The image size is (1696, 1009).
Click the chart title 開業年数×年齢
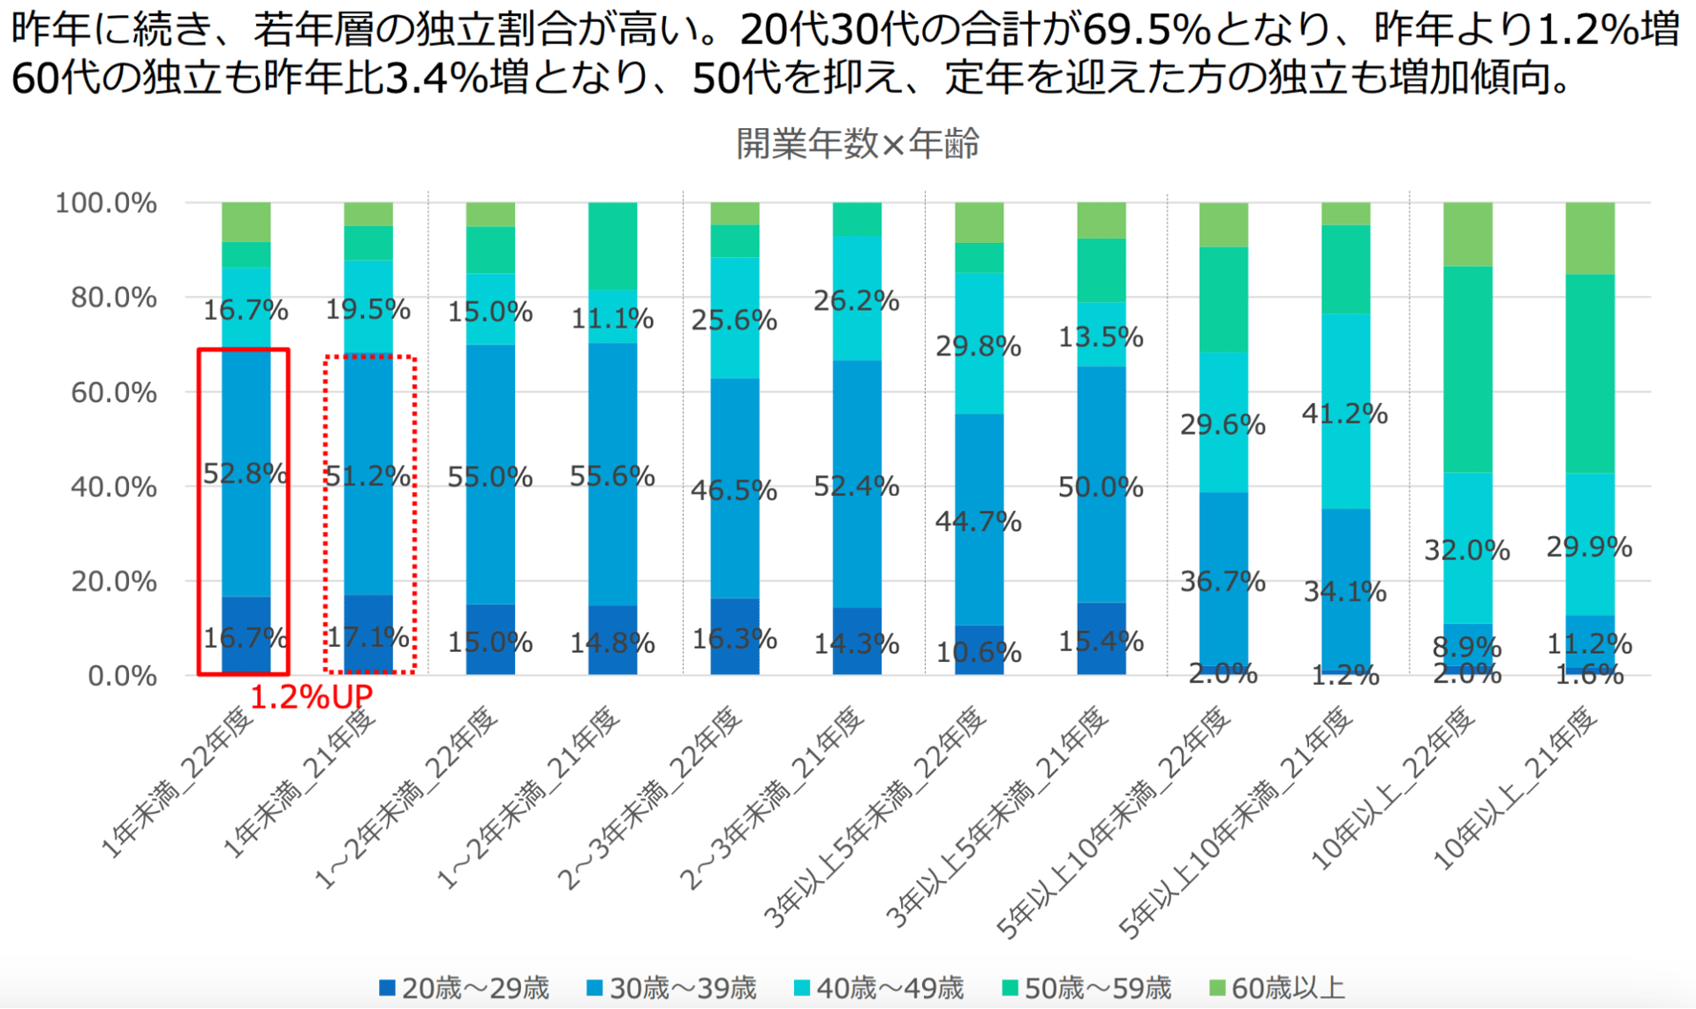click(858, 143)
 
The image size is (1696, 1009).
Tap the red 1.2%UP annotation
click(312, 697)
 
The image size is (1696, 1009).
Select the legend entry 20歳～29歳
click(465, 988)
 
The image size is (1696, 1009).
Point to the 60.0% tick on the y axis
click(114, 391)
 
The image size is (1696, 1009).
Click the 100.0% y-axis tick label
click(106, 202)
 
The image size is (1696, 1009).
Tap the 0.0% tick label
click(122, 676)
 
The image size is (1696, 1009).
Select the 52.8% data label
click(245, 474)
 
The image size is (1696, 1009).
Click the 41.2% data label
click(1344, 413)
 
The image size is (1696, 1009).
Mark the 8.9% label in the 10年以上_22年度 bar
click(1466, 648)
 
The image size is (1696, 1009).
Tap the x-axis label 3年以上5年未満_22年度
click(875, 817)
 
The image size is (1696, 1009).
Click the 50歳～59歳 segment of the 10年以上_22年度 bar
click(1467, 369)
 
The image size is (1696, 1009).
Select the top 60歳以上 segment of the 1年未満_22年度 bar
click(246, 222)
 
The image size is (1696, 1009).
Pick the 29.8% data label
click(978, 346)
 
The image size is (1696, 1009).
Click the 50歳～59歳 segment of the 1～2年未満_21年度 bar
click(612, 246)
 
